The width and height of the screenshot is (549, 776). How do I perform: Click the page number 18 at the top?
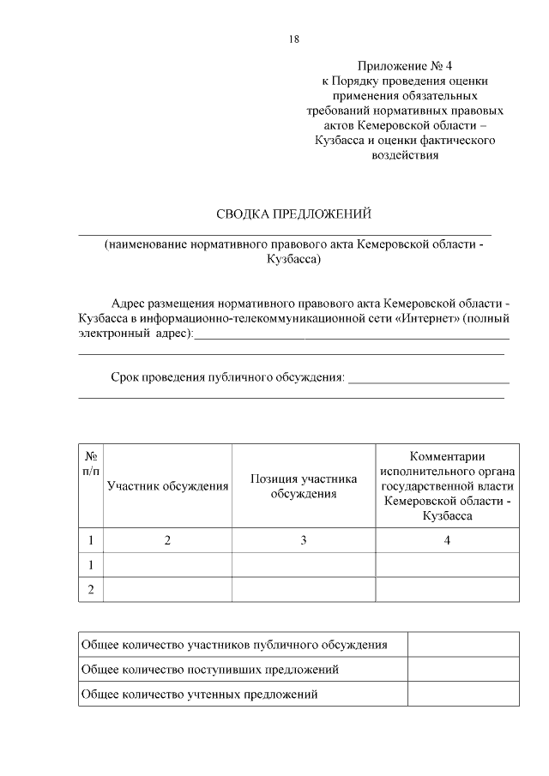pyautogui.click(x=294, y=39)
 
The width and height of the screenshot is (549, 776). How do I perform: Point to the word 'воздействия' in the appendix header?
pyautogui.click(x=404, y=155)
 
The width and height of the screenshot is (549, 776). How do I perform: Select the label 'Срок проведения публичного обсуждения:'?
pyautogui.click(x=228, y=376)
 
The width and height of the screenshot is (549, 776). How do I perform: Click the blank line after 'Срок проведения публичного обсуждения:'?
pyautogui.click(x=429, y=377)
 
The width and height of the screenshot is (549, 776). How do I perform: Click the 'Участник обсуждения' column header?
pyautogui.click(x=167, y=486)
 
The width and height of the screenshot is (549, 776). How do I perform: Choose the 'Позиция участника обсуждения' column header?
pyautogui.click(x=304, y=486)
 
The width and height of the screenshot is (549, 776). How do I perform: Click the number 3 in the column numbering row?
pyautogui.click(x=304, y=540)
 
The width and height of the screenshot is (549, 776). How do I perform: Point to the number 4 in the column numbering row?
pyautogui.click(x=447, y=540)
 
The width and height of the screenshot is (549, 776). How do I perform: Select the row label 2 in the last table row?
pyautogui.click(x=91, y=589)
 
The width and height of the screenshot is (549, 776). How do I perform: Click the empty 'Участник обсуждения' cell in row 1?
pyautogui.click(x=167, y=565)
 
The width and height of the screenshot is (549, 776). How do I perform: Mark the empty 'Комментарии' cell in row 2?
pyautogui.click(x=447, y=589)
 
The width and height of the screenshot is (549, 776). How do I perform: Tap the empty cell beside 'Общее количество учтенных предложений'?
pyautogui.click(x=462, y=694)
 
